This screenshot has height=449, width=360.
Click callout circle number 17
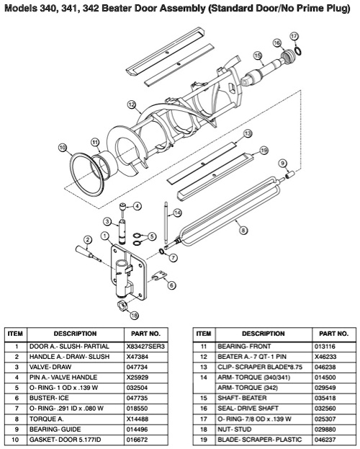pos(294,35)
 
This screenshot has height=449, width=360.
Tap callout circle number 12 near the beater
pos(131,105)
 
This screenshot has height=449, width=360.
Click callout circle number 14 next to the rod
pos(177,213)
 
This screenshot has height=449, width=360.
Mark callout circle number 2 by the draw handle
pos(87,240)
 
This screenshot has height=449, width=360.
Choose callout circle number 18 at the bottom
pos(134,315)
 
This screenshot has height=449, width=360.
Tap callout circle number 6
pos(172,285)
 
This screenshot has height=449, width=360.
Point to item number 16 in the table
pos(203,407)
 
